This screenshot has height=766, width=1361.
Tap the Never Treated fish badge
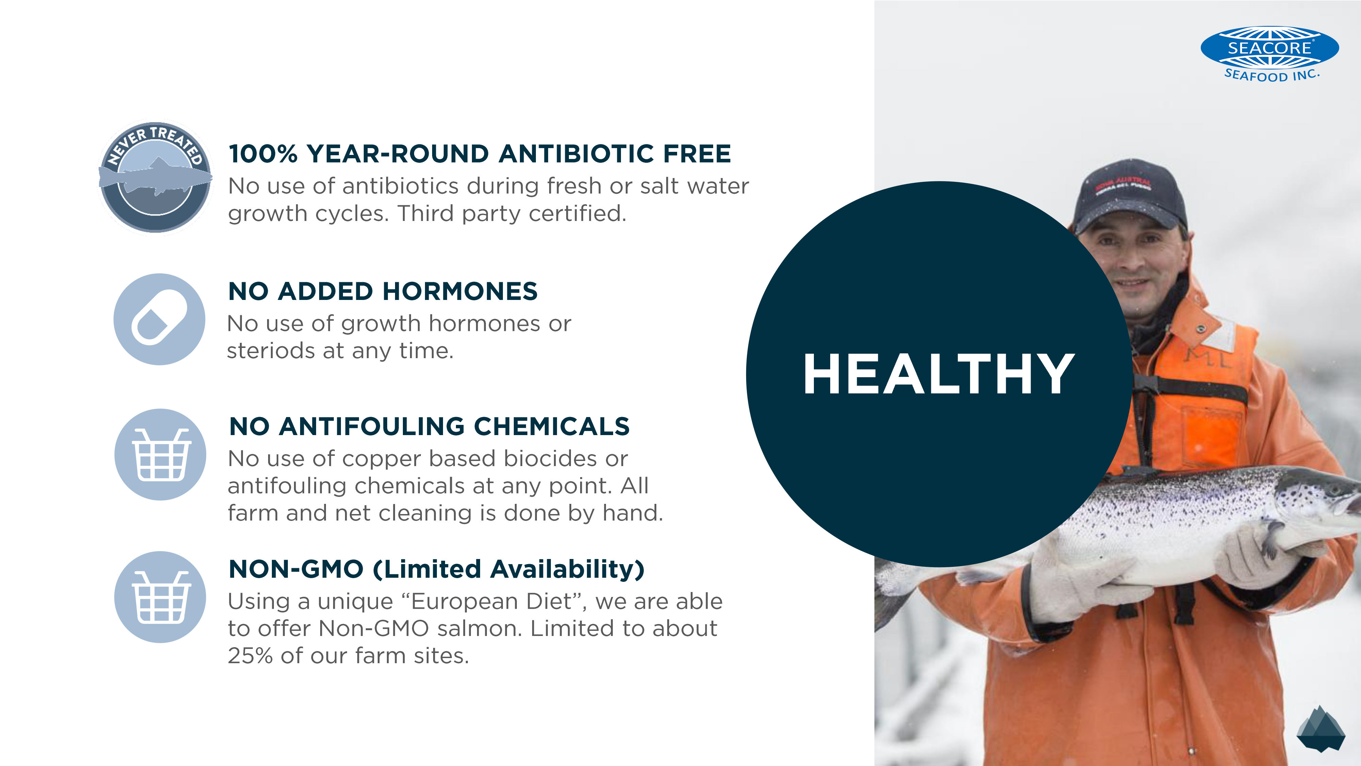(x=155, y=177)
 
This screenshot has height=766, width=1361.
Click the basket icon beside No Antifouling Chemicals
(x=160, y=454)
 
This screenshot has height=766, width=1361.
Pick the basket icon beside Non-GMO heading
(x=160, y=597)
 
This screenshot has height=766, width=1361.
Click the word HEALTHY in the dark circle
(x=939, y=374)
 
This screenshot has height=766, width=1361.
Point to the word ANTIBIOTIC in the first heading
(x=577, y=154)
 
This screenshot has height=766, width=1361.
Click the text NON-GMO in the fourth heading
(x=296, y=569)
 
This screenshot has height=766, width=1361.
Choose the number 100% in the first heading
(x=263, y=154)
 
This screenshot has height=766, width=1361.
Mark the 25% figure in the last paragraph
(x=250, y=655)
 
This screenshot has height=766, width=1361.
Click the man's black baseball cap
(x=1131, y=194)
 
